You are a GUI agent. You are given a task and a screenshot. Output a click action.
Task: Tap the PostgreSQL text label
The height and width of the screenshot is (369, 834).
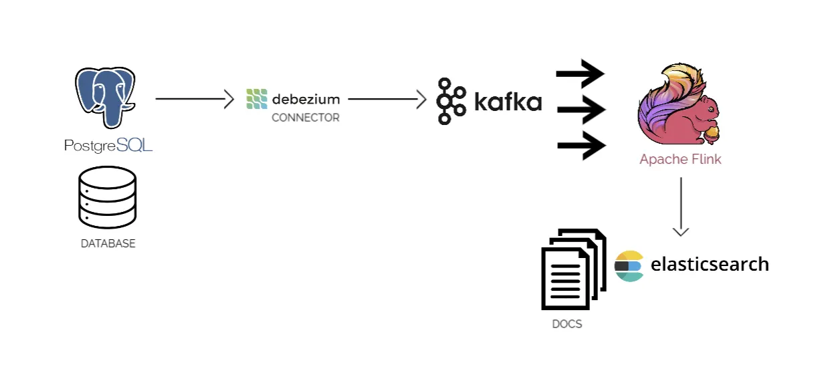[108, 145]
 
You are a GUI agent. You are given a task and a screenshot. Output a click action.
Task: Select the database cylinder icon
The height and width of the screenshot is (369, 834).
[107, 196]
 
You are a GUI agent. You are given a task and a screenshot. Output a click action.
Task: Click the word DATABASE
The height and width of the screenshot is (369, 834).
[108, 244]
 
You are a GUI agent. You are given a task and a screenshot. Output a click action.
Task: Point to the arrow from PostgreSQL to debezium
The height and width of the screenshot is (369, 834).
[194, 99]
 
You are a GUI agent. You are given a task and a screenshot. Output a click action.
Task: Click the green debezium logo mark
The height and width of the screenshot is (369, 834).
[257, 99]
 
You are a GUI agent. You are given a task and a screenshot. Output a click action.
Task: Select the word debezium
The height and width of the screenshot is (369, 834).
[306, 100]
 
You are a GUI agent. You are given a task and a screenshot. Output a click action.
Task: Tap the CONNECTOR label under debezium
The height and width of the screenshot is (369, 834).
[305, 118]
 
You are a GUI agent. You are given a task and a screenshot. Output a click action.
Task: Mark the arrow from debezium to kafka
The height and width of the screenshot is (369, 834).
[387, 100]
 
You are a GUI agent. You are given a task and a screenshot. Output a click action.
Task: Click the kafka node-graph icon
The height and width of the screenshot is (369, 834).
[451, 101]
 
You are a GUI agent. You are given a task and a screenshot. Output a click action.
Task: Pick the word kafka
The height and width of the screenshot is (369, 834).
[508, 102]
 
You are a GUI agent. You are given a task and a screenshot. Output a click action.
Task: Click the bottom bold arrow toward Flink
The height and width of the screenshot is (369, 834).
[580, 145]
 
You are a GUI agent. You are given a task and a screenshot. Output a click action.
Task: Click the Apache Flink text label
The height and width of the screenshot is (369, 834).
[680, 160]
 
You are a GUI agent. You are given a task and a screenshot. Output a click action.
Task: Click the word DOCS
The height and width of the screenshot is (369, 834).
[566, 324]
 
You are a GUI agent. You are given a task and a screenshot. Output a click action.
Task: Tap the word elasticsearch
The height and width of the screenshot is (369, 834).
[709, 264]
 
